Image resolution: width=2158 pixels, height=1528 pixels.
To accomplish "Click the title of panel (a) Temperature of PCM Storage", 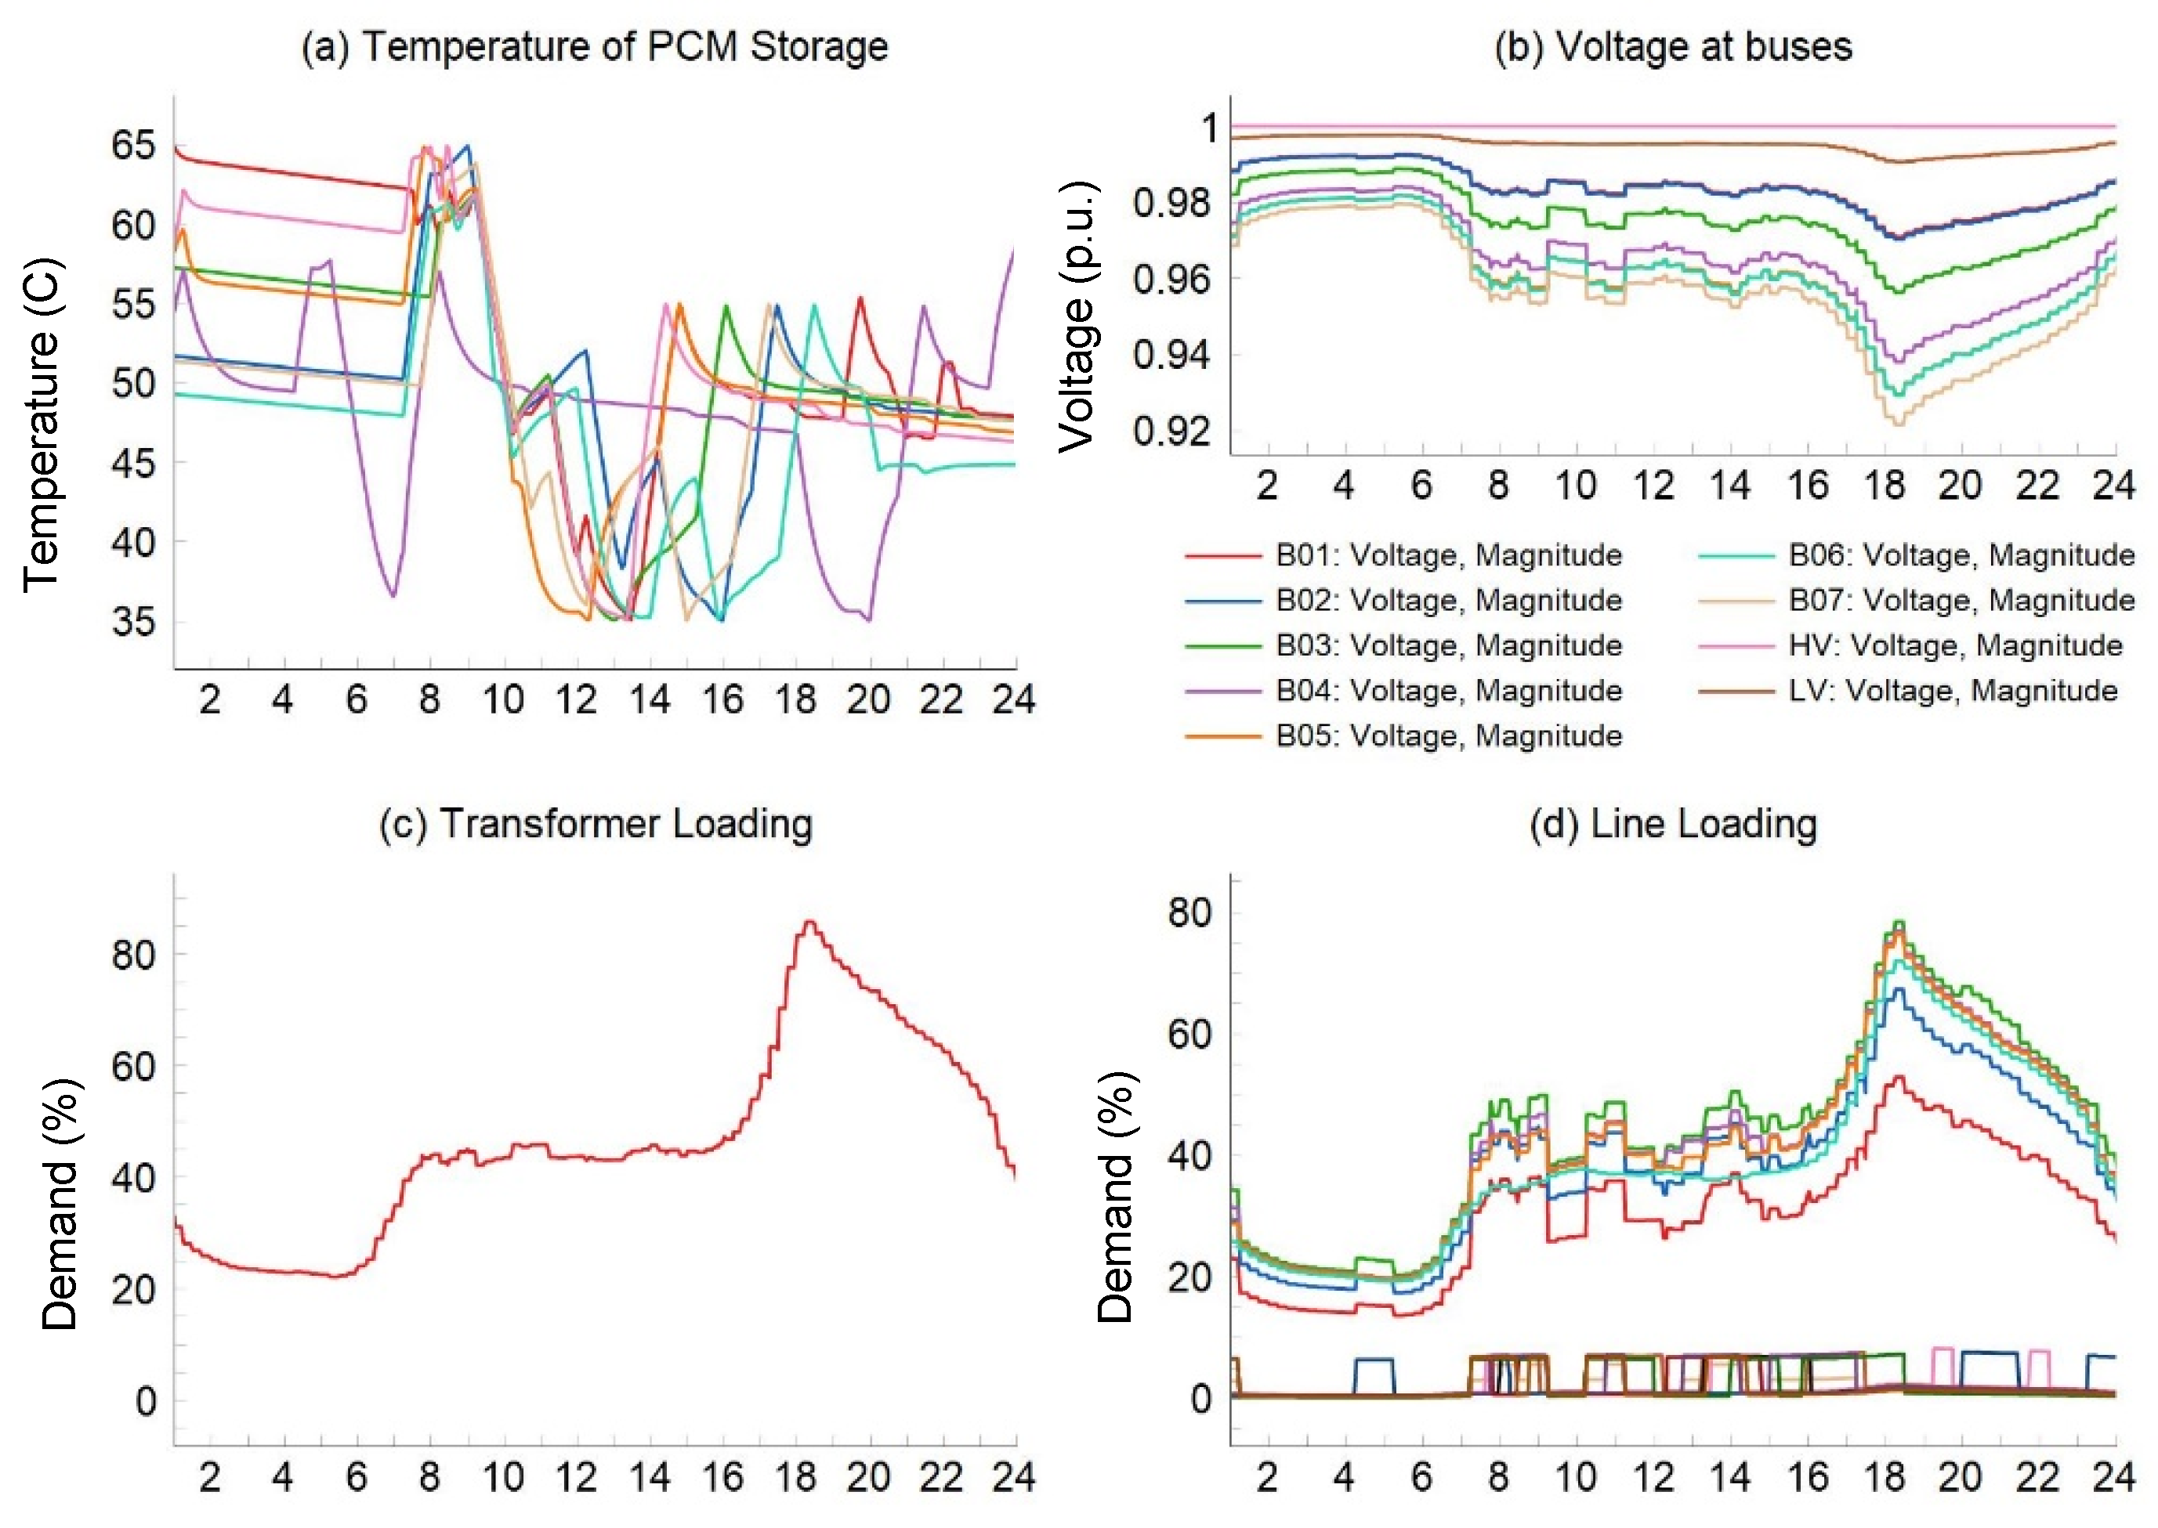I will coord(594,47).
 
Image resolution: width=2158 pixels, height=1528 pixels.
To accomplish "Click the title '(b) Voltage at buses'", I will coord(1672,47).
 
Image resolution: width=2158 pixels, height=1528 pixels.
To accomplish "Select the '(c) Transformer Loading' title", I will coord(596,823).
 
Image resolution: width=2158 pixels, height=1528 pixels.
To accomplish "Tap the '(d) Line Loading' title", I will coord(1672,823).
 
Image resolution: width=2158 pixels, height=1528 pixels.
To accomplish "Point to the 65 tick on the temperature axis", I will coord(132,145).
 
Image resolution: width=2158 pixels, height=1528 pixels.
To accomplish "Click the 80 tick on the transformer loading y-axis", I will coord(132,955).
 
